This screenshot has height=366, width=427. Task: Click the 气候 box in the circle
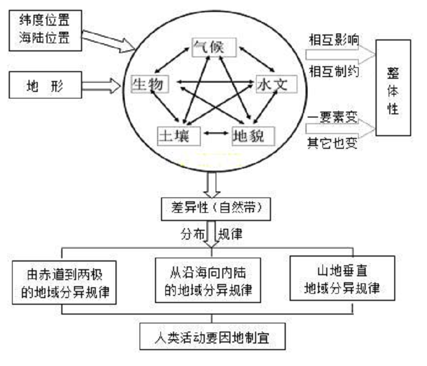tap(214, 48)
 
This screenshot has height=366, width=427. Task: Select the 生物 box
tap(150, 84)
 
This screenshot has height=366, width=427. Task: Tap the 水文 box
tap(276, 84)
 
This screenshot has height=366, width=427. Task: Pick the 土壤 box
tap(179, 136)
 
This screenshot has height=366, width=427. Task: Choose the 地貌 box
tap(253, 136)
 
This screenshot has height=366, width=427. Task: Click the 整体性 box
tap(393, 88)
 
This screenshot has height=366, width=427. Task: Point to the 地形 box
tap(45, 85)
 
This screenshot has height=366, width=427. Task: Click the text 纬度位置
tap(44, 20)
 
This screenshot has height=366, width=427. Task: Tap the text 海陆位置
tap(44, 38)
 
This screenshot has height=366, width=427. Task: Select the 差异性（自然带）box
tap(216, 209)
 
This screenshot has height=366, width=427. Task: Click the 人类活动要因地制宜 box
tap(212, 336)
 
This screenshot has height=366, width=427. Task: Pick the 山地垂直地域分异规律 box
tap(342, 278)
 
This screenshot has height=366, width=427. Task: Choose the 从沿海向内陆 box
tap(208, 280)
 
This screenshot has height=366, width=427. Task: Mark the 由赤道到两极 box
tap(64, 282)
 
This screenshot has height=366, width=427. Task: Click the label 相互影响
tap(334, 40)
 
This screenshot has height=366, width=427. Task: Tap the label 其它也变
tap(332, 143)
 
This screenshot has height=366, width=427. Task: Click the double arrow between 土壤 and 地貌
tap(216, 133)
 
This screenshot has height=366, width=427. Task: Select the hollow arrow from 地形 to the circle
tap(101, 86)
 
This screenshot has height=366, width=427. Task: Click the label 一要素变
tap(332, 117)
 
